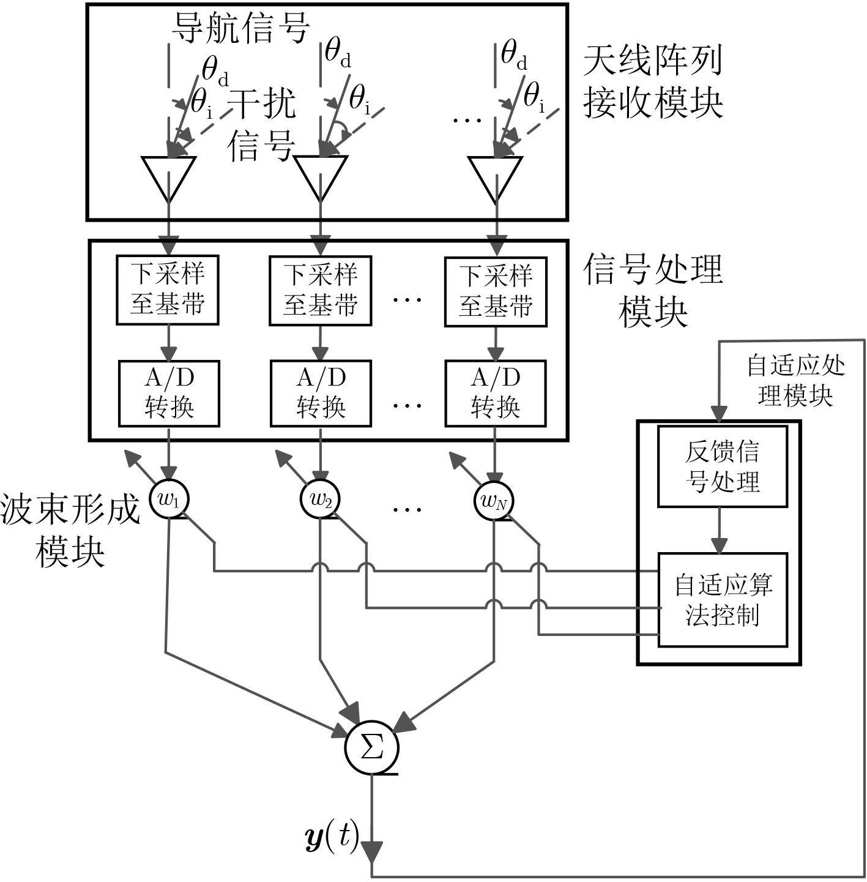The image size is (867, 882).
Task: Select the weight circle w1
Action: coord(169,499)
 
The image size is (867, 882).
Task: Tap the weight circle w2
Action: coord(320,499)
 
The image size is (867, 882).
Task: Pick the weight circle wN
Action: coord(494,501)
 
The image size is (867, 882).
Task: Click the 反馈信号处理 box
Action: coord(722,466)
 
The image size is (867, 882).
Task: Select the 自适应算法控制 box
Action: coord(722,600)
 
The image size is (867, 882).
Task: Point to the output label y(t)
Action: coord(331,837)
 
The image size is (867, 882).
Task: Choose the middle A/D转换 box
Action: coord(321,393)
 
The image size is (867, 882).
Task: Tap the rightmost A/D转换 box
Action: coord(495,393)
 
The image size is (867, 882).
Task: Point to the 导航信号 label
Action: coord(240,28)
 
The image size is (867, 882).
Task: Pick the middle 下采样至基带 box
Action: coord(321,290)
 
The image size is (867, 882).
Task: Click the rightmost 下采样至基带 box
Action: coord(495,291)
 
